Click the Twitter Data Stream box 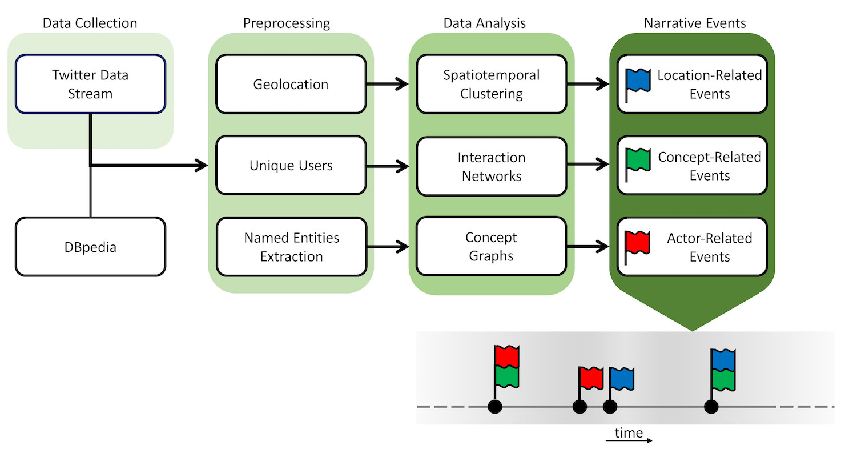click(90, 84)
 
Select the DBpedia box click(90, 247)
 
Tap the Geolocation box click(291, 85)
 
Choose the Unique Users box click(291, 166)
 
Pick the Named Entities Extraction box click(291, 247)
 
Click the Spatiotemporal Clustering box click(492, 85)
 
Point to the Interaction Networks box click(492, 166)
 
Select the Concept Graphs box click(492, 247)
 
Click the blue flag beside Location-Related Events click(638, 81)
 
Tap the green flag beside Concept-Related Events click(638, 161)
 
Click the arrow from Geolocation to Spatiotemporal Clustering click(388, 85)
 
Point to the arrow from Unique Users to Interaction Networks click(388, 166)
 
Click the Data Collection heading click(90, 23)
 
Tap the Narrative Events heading click(694, 23)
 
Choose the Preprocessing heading click(287, 23)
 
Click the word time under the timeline click(629, 432)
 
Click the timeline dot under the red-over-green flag click(495, 407)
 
